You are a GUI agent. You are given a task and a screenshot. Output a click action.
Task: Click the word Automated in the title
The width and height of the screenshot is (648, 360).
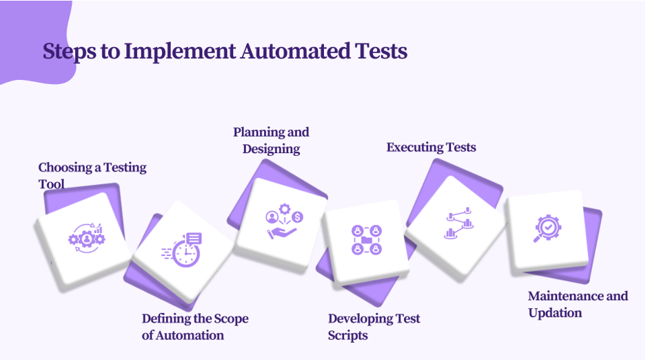(295, 51)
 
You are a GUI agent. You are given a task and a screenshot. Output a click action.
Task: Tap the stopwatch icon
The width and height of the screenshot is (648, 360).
(182, 250)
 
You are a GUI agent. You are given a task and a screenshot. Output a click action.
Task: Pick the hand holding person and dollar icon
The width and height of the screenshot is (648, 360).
(284, 221)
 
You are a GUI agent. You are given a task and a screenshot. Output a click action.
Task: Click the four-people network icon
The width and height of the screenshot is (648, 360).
(367, 240)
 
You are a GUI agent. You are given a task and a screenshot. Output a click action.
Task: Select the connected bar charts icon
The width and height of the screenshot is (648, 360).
(458, 223)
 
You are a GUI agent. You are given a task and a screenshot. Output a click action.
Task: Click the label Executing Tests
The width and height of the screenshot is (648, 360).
(431, 148)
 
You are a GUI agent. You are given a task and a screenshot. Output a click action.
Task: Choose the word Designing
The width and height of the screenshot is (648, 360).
(271, 149)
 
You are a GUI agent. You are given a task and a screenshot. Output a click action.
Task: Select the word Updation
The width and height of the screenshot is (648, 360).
(555, 313)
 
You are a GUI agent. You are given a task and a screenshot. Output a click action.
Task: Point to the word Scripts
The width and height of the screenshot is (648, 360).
(347, 335)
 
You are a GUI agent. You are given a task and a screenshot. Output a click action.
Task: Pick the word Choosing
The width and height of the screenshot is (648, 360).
(65, 168)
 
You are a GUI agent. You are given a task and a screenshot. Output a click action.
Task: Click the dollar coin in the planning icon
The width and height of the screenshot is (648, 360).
(297, 217)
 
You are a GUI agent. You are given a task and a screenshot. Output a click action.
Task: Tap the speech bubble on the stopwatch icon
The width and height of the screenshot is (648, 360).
(194, 238)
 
